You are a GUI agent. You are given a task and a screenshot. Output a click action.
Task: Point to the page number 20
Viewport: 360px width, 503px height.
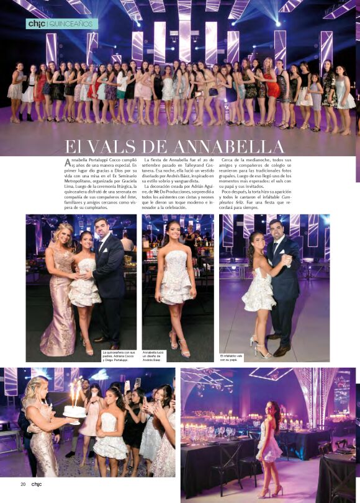(x=22, y=484)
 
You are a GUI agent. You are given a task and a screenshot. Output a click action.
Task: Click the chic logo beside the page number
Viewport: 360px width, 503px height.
(x=37, y=484)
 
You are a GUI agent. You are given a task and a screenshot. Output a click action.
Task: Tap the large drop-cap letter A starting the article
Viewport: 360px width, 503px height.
(x=68, y=162)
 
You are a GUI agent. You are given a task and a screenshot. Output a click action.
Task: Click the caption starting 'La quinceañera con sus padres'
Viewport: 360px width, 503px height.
(x=119, y=355)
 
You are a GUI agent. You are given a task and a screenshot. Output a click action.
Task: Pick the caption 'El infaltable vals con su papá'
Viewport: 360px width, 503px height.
(x=232, y=357)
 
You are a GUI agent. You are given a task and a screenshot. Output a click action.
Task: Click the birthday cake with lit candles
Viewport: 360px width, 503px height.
(x=74, y=409)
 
